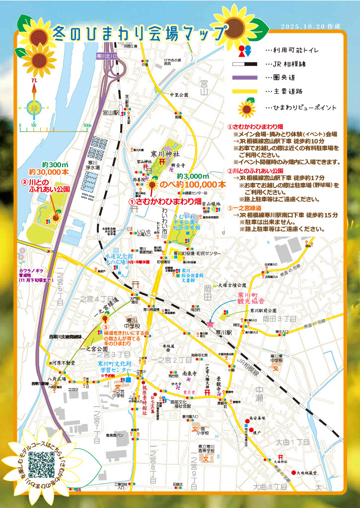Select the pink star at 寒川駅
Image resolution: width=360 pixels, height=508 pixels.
click(x=211, y=324)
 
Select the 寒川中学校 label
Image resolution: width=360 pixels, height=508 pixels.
click(x=132, y=322)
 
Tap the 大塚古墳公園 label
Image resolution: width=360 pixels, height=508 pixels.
click(x=232, y=285)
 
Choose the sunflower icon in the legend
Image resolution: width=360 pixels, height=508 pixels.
click(x=246, y=107)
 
